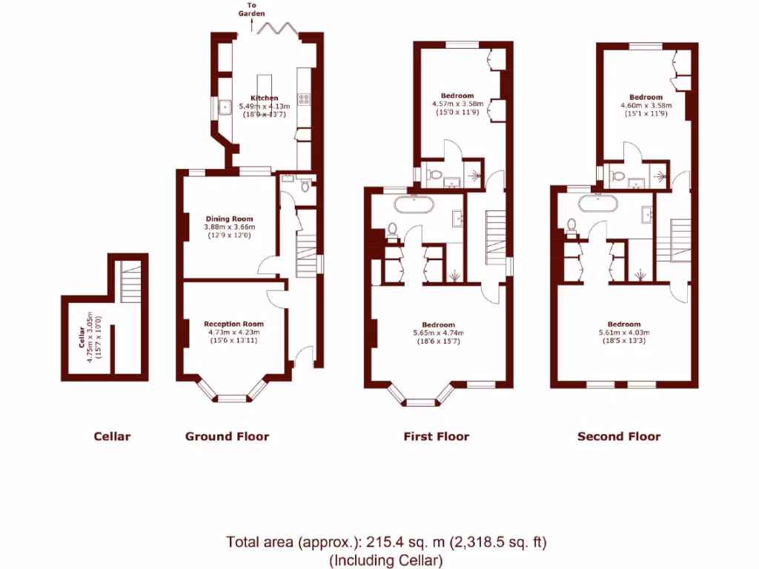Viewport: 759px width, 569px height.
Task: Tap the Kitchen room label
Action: click(265, 98)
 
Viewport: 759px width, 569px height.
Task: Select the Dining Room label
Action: click(229, 219)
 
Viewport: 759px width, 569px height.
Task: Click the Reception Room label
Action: click(233, 324)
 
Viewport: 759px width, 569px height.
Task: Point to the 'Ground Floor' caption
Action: click(227, 436)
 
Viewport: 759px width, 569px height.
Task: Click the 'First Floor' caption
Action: click(436, 436)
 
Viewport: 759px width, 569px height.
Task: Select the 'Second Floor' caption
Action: click(618, 436)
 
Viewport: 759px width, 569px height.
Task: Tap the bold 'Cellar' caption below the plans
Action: click(112, 436)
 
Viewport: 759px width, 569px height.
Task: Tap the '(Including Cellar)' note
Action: click(385, 560)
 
